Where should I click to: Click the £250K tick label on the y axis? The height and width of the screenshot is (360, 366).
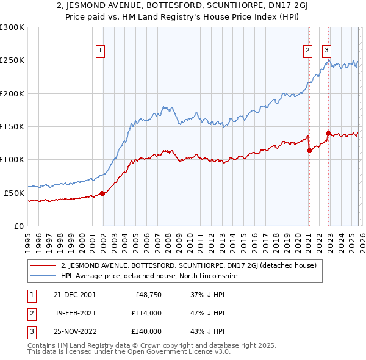pyautogui.click(x=12, y=60)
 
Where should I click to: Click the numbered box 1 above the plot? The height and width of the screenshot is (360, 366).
pyautogui.click(x=100, y=51)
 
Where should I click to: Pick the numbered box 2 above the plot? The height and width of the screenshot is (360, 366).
pyautogui.click(x=307, y=51)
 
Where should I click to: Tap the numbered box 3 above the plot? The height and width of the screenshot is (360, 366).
pyautogui.click(x=327, y=51)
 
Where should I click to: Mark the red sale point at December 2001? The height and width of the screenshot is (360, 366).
pyautogui.click(x=102, y=194)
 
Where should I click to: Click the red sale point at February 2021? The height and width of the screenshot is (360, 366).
pyautogui.click(x=309, y=151)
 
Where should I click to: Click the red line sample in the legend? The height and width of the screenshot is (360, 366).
pyautogui.click(x=43, y=266)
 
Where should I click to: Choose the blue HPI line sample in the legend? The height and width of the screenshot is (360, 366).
pyautogui.click(x=43, y=276)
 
